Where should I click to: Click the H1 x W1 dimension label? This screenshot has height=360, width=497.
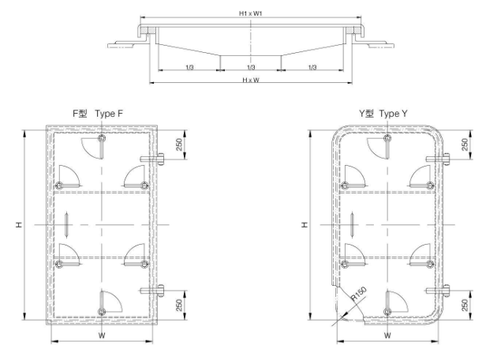pos(250,14)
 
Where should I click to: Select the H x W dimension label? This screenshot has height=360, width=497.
pos(250,81)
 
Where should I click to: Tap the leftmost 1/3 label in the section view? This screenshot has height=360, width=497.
pos(188,68)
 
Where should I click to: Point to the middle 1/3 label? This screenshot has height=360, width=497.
pos(250,68)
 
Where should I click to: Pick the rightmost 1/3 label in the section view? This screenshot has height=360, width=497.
pos(312,68)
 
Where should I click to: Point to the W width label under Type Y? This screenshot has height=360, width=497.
pos(387,335)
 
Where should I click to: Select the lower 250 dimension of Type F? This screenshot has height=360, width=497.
pos(178,305)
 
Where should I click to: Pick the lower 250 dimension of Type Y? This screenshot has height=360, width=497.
pos(465,305)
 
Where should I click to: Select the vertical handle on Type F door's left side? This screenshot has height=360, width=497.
pos(69,225)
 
